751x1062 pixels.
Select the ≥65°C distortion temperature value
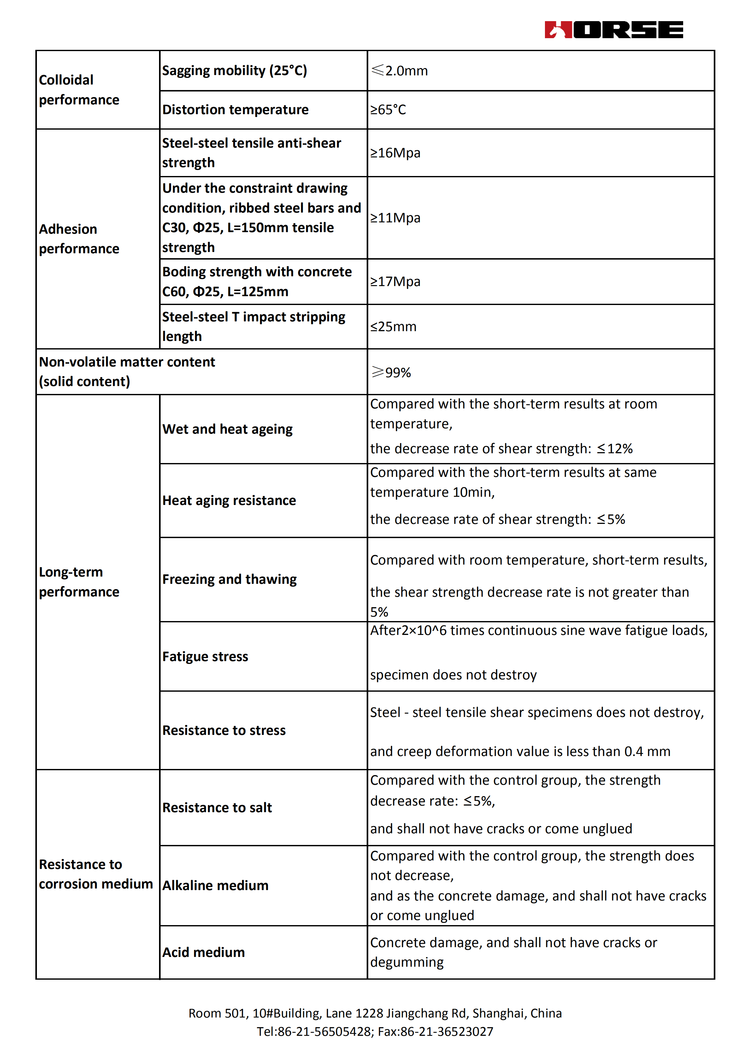(388, 110)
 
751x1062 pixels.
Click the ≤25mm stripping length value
(393, 326)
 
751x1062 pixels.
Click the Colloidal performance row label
(79, 90)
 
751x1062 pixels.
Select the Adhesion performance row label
(79, 239)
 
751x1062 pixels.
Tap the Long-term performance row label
(79, 582)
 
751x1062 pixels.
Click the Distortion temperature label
(235, 110)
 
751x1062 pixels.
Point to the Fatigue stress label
(205, 656)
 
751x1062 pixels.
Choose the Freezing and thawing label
(229, 579)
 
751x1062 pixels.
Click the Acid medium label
(203, 952)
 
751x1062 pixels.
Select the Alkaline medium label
(215, 885)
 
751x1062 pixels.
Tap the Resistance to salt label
(217, 807)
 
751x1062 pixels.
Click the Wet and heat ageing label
(227, 429)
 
